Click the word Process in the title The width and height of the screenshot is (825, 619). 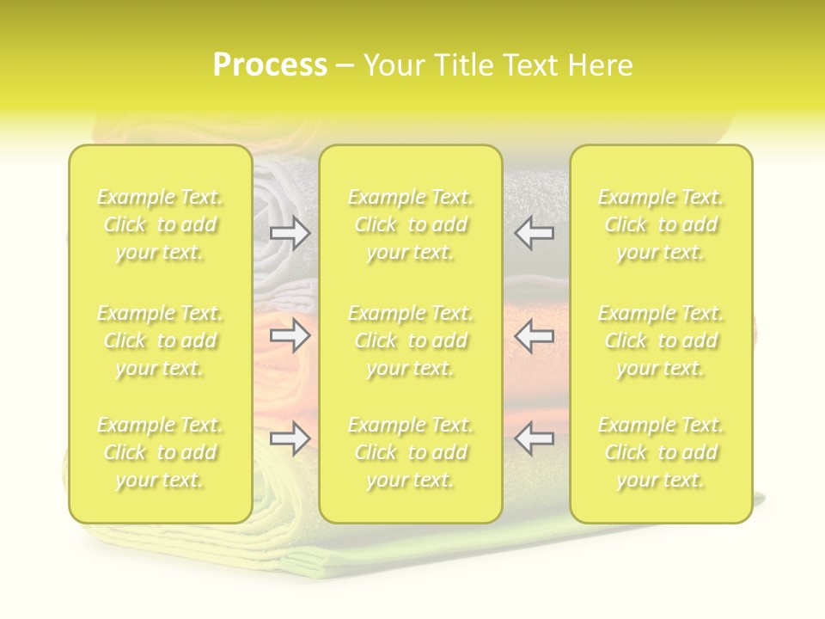coord(270,65)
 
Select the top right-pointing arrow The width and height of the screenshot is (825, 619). coord(290,233)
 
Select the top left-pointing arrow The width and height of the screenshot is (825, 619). coord(534,233)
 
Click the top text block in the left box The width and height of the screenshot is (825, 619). coord(160,225)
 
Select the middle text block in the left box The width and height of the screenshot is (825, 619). coord(160,340)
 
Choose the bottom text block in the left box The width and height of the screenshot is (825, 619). coord(160,452)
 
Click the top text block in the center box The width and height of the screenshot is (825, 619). coord(410,225)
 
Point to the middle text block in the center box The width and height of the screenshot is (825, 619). coord(410,340)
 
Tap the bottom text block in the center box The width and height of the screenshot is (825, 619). coord(410,452)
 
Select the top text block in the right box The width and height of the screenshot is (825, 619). coord(660,225)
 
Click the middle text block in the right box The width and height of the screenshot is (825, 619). coord(660,340)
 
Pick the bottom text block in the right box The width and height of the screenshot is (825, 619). coord(660,452)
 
